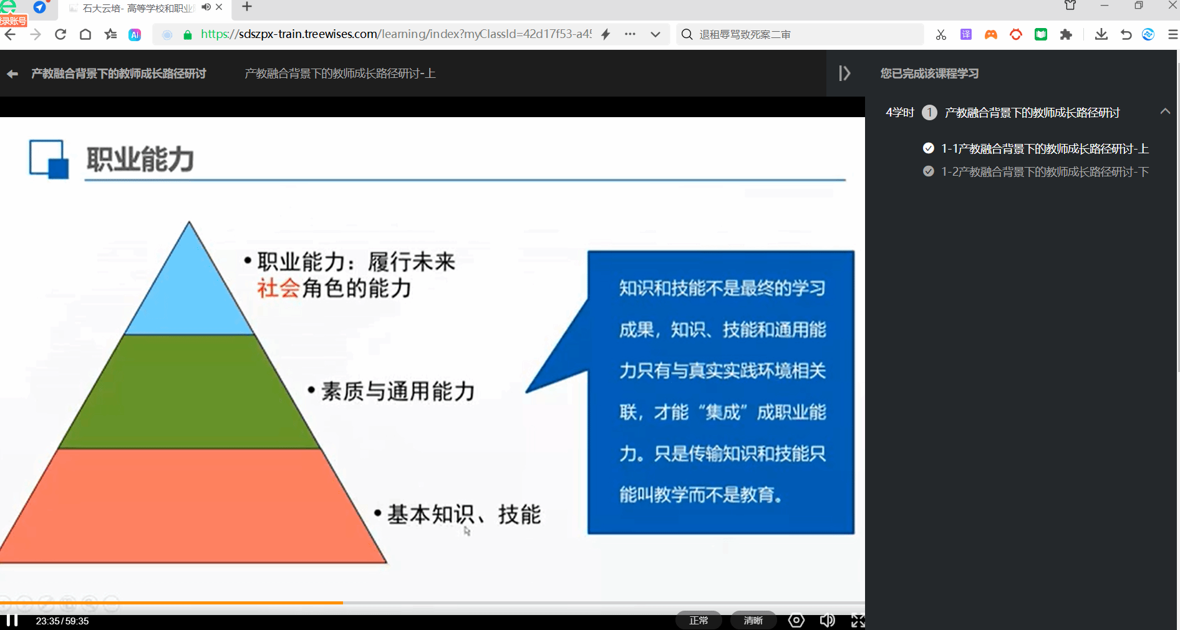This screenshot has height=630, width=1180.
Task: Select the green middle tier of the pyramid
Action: pos(190,392)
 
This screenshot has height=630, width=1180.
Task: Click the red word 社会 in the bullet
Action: pos(279,289)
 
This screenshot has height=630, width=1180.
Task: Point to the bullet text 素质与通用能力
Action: pos(398,391)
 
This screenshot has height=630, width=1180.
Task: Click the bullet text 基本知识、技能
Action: pos(464,515)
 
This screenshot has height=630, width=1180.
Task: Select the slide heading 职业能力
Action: pos(140,160)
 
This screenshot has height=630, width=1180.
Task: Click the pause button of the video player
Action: pos(12,621)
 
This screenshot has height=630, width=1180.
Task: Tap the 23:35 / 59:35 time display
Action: pos(62,621)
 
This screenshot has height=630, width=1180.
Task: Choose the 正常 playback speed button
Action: pos(699,621)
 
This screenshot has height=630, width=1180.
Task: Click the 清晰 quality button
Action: pos(753,621)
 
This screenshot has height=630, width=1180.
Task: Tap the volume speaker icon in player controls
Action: pos(827,621)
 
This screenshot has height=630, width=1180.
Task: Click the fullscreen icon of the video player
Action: pos(858,621)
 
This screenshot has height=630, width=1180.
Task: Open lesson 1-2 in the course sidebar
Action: pos(1045,172)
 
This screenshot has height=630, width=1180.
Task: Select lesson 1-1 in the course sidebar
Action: pos(1045,149)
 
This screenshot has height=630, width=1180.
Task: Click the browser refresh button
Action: pos(60,34)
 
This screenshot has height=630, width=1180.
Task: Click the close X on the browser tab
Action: pos(219,7)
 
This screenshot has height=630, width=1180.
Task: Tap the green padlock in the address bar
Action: pos(188,35)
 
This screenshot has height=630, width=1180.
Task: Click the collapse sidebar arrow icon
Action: pos(844,74)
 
